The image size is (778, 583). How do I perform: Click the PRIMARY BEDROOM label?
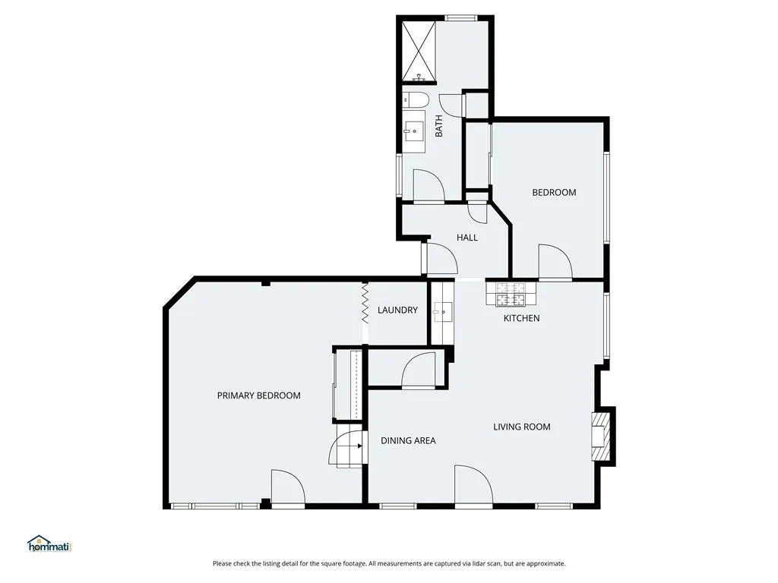[x=258, y=395]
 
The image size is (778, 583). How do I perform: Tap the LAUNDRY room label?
[x=397, y=310]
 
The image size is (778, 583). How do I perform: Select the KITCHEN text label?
[x=522, y=318]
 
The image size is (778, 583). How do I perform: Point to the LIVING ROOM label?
[x=522, y=427]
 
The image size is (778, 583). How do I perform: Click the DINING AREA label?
[x=408, y=440]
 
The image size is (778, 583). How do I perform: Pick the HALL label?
[x=467, y=238]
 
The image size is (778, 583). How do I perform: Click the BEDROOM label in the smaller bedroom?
[x=554, y=193]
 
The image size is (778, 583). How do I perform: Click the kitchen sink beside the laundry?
[x=443, y=310]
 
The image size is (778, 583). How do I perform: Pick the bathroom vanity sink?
[x=414, y=131]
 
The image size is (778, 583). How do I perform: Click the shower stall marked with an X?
[x=417, y=51]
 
